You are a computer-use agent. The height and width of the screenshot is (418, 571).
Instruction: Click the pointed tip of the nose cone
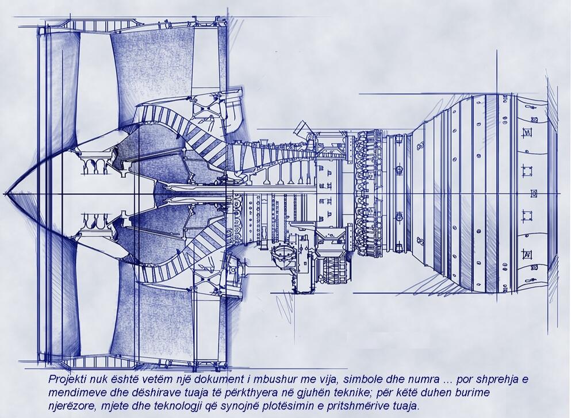(x=5, y=193)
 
